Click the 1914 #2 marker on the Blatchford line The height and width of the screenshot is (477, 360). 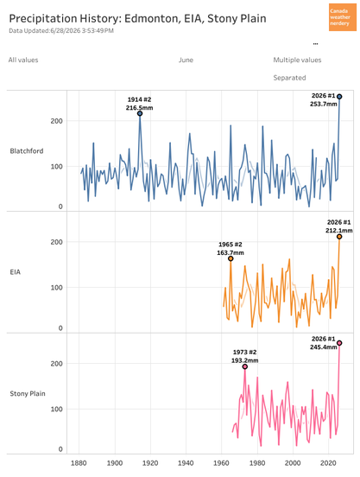(140, 113)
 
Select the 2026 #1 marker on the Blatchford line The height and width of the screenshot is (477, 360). (339, 97)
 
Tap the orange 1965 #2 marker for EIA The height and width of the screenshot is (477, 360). (231, 258)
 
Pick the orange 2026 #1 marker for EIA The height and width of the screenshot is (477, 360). (339, 237)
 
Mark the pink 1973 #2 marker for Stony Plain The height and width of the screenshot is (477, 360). (245, 366)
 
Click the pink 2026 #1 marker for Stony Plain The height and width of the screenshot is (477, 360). (339, 343)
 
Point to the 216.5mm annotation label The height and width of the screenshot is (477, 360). (140, 108)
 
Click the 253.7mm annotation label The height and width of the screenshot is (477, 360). (324, 104)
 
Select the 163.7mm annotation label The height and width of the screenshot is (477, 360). (231, 252)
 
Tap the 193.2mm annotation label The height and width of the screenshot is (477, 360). (245, 360)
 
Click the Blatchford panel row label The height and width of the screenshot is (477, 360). (27, 151)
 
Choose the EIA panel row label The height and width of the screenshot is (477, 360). (16, 272)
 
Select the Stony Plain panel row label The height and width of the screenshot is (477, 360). (28, 394)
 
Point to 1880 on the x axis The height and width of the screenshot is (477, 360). (79, 463)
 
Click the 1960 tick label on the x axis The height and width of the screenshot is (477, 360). (222, 463)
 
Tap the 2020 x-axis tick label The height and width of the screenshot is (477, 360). (328, 463)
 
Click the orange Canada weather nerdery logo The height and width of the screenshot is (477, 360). (343, 17)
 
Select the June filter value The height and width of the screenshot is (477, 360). (186, 60)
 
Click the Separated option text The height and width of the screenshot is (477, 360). (289, 78)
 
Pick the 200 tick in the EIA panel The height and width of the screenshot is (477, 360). (56, 242)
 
